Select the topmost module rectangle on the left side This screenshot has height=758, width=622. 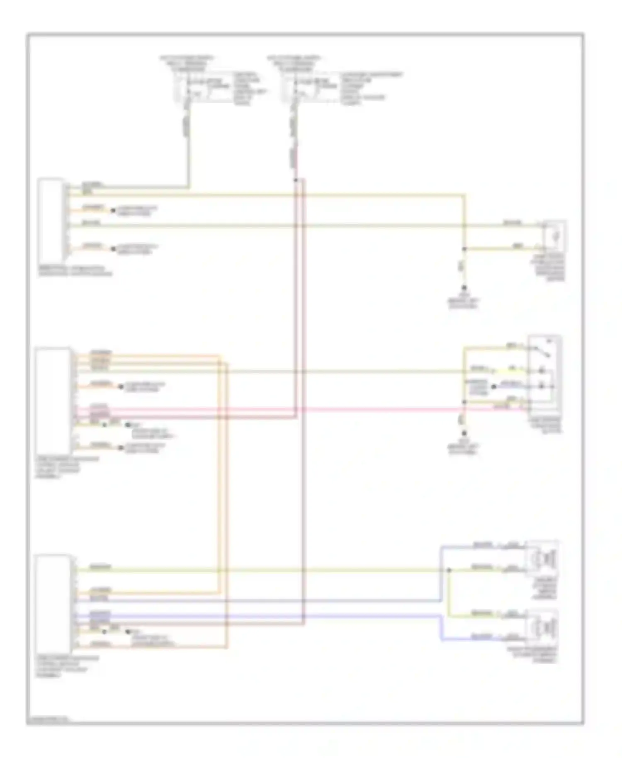51,220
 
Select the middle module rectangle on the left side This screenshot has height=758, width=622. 53,401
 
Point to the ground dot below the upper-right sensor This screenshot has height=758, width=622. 464,287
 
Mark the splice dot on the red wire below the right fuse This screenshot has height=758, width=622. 296,180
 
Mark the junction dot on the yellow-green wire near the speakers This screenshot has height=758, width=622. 449,570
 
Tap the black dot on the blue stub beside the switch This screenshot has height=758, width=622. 493,386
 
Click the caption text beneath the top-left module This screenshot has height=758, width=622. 75,271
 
